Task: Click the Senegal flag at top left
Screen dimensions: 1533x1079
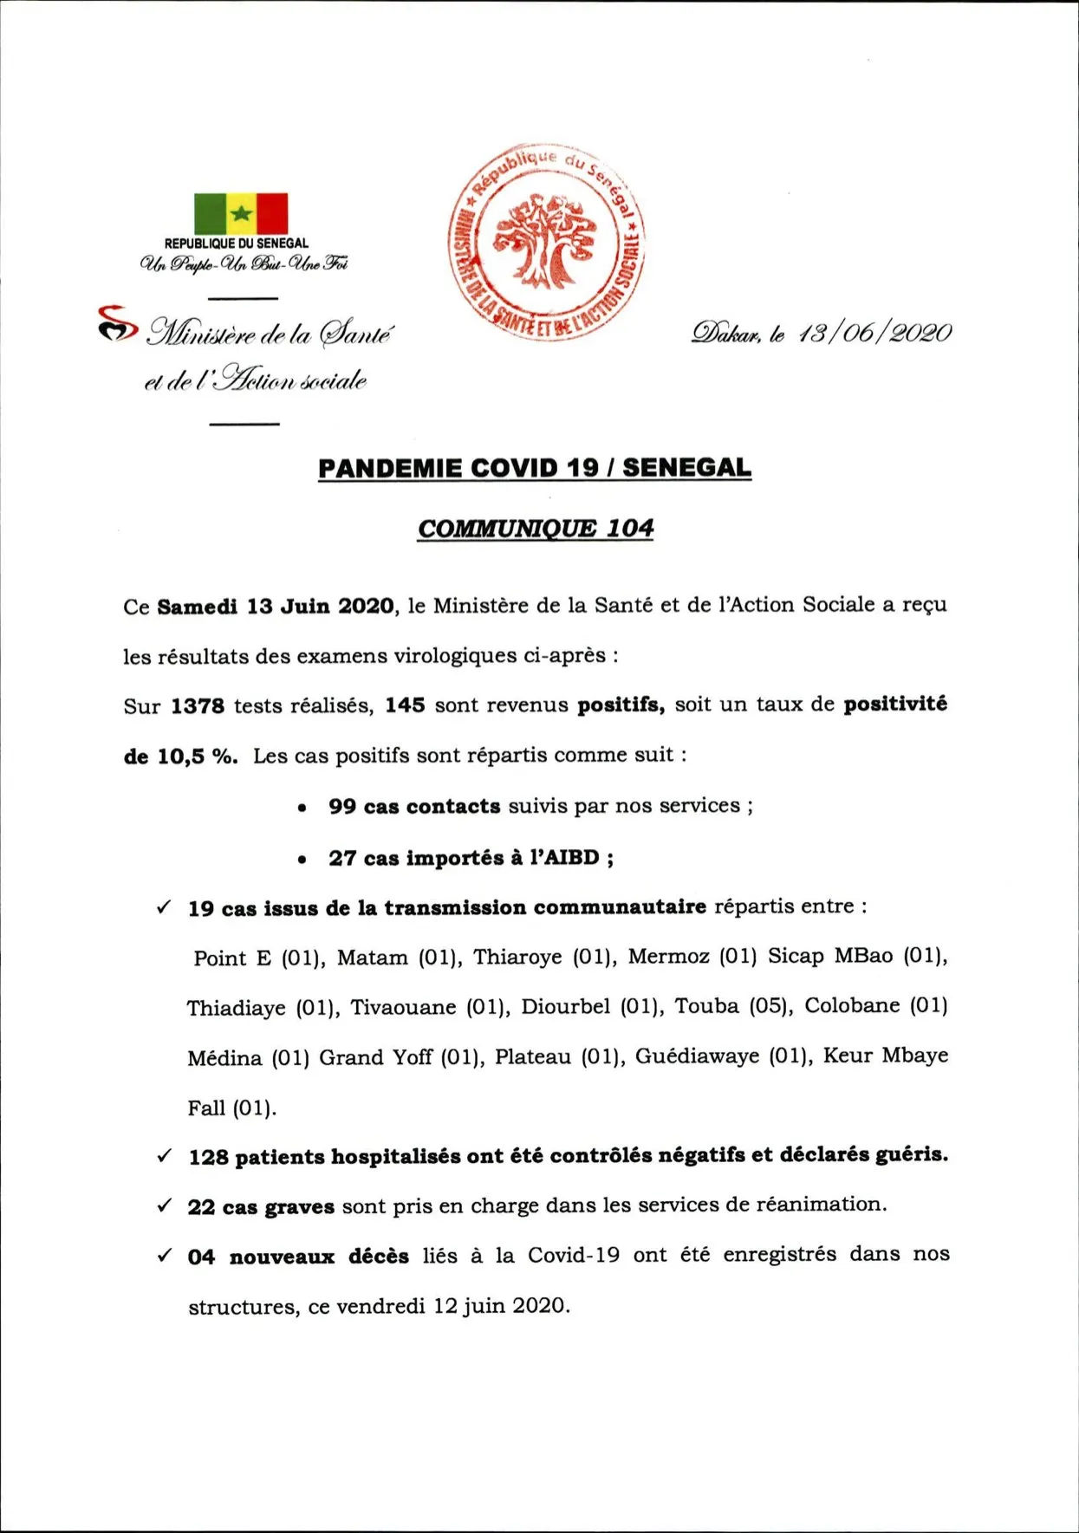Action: click(x=241, y=213)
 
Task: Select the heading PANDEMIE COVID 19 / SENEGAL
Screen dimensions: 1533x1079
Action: click(x=535, y=468)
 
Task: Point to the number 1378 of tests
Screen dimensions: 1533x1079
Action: click(x=198, y=706)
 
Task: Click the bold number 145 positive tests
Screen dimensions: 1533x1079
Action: click(x=405, y=705)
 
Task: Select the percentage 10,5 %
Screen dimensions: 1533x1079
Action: click(x=197, y=757)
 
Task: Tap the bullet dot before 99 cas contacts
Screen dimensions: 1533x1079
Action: click(x=302, y=809)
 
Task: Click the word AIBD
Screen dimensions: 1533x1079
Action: click(x=570, y=858)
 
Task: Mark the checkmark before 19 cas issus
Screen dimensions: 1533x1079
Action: click(x=164, y=907)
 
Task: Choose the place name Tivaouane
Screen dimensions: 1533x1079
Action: click(x=403, y=1008)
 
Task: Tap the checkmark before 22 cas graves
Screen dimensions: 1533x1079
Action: click(x=164, y=1205)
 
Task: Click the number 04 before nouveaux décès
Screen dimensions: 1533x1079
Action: click(x=201, y=1257)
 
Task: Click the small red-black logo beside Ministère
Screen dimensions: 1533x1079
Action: click(x=117, y=323)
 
